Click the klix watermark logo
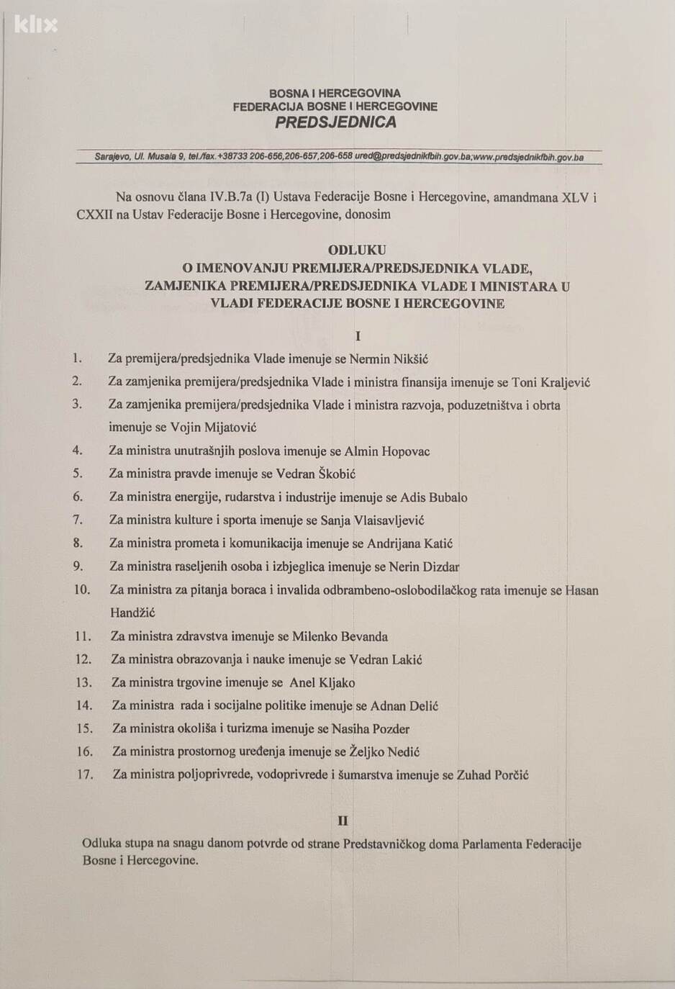click(35, 26)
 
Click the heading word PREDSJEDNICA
click(335, 122)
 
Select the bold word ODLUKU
click(357, 250)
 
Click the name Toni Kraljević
click(551, 382)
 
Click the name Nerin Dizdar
click(424, 566)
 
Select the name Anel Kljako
click(322, 682)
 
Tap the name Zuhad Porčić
click(493, 775)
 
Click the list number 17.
click(84, 775)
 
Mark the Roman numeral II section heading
click(343, 821)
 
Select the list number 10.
click(82, 590)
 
